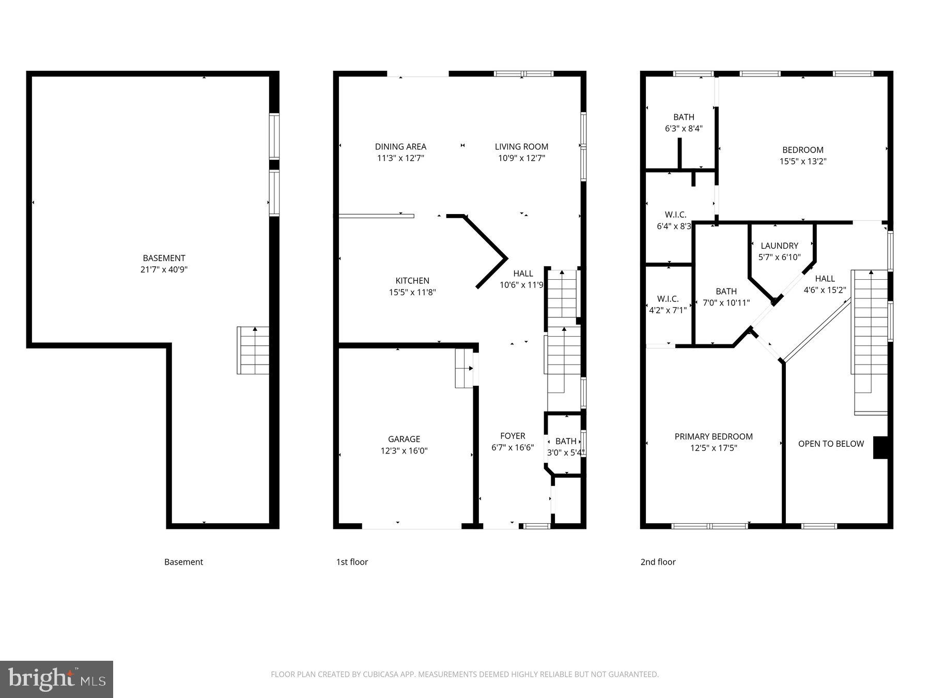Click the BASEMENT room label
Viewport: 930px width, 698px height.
pyautogui.click(x=164, y=258)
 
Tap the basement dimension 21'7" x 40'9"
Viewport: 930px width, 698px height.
pyautogui.click(x=164, y=269)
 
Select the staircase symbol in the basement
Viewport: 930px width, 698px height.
pyautogui.click(x=253, y=350)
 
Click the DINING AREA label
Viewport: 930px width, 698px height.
pyautogui.click(x=400, y=147)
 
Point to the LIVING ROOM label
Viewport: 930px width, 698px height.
pyautogui.click(x=521, y=147)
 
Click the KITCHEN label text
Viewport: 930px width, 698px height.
pyautogui.click(x=412, y=281)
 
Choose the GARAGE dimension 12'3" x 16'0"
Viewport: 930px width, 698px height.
pyautogui.click(x=404, y=451)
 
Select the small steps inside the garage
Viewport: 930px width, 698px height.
pyautogui.click(x=464, y=368)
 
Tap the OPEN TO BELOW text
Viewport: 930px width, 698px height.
pyautogui.click(x=831, y=444)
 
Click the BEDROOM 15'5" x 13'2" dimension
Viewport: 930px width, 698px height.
pyautogui.click(x=803, y=161)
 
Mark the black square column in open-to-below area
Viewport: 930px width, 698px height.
pyautogui.click(x=880, y=448)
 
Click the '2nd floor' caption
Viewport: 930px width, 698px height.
pyautogui.click(x=658, y=562)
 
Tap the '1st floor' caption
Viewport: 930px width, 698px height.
pyautogui.click(x=352, y=562)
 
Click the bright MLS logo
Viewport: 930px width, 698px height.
pyautogui.click(x=56, y=679)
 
